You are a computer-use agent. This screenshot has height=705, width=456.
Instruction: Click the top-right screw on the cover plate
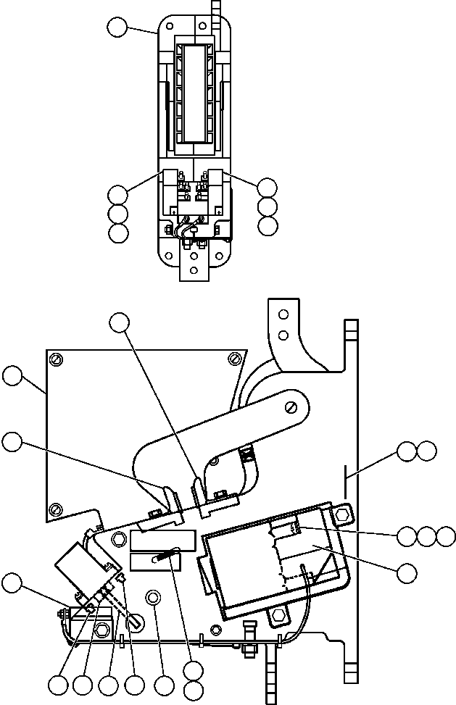click(x=233, y=359)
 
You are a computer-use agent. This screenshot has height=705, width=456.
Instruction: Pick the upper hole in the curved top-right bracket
click(x=283, y=314)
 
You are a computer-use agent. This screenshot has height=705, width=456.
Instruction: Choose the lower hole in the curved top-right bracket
click(x=283, y=335)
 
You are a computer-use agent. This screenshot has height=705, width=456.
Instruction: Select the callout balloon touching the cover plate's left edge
click(x=12, y=376)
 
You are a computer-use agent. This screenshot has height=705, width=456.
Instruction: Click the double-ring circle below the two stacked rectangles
click(x=152, y=598)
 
